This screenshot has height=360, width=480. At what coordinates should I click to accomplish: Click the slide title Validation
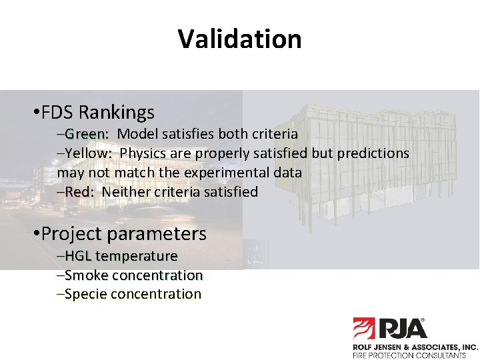[x=239, y=39]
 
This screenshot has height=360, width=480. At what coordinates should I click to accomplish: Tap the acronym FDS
[x=59, y=112]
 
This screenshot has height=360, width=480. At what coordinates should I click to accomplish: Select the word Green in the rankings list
[x=85, y=133]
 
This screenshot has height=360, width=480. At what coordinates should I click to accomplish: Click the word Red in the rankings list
[x=81, y=192]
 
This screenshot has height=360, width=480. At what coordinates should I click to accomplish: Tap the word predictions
[x=371, y=153]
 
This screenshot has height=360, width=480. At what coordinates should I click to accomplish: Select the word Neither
[x=125, y=192]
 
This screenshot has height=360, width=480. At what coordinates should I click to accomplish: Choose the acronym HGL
[x=79, y=256]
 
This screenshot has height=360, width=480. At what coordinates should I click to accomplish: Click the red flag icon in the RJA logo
[x=365, y=329]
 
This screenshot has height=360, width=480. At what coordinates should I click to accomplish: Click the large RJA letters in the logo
[x=403, y=329]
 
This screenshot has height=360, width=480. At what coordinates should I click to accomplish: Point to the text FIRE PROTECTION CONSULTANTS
[x=409, y=355]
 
